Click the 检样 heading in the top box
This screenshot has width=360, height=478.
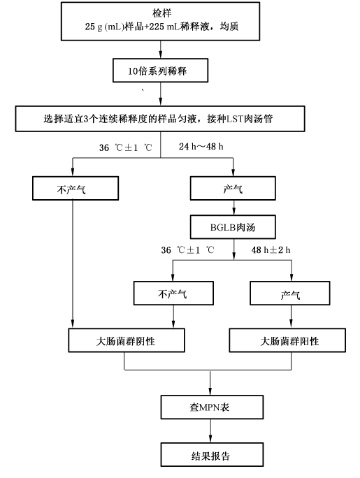[162, 13]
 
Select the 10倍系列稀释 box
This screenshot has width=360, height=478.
[160, 71]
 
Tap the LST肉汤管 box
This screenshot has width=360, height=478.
[160, 119]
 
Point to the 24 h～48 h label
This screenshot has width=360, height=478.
[201, 147]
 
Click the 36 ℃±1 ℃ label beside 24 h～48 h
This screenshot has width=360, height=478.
[125, 147]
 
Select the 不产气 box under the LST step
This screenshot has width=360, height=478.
[75, 188]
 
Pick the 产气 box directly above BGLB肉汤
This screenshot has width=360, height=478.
[233, 188]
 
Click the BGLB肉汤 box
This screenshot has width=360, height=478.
[233, 227]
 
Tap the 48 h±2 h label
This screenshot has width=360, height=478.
[271, 250]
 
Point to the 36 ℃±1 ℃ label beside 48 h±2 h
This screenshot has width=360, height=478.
[187, 250]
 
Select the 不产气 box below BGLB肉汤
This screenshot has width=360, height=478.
[173, 293]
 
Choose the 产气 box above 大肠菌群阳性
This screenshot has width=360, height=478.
[290, 293]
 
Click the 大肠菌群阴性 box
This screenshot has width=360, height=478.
[127, 340]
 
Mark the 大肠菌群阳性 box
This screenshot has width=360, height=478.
[287, 340]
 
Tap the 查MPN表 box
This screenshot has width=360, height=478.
[213, 407]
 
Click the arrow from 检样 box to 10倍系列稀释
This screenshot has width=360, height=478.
[161, 50]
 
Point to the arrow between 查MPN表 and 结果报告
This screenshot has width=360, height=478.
[210, 430]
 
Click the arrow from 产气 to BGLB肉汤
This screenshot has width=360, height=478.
[233, 208]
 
